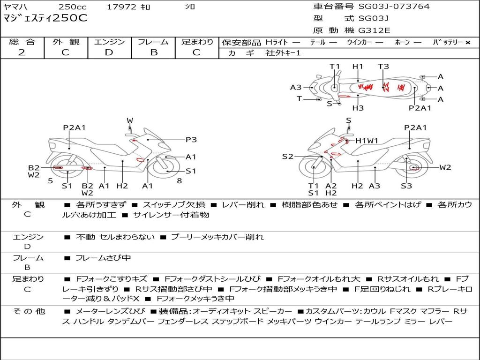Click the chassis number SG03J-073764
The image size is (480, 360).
[394, 7]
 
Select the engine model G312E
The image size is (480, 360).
[374, 31]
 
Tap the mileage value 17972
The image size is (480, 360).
[121, 7]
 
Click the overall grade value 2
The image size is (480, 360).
[22, 52]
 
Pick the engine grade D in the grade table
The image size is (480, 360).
[109, 52]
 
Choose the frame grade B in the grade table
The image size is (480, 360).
[153, 52]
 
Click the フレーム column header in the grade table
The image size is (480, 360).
[153, 42]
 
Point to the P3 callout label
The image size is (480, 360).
[191, 139]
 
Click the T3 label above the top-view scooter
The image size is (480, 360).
[383, 67]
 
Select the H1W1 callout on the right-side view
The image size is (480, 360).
[367, 141]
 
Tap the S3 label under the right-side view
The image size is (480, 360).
[406, 186]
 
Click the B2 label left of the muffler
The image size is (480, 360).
[34, 167]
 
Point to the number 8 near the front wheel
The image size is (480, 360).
[179, 180]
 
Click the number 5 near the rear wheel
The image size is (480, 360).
[50, 180]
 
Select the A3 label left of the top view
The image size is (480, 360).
[296, 87]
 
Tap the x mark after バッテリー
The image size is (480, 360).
[467, 42]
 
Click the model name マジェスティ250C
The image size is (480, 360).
[45, 18]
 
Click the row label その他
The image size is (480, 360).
[28, 311]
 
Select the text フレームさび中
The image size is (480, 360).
[103, 258]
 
